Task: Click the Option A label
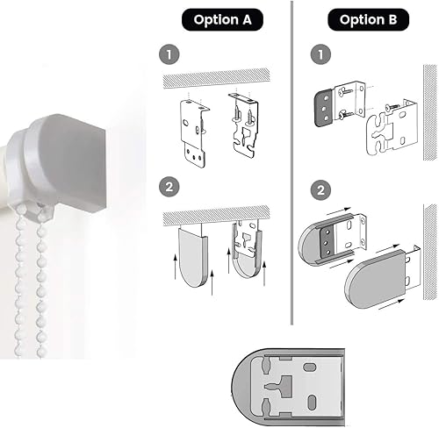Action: tap(222, 19)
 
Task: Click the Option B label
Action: tap(368, 19)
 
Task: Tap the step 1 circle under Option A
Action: tap(169, 54)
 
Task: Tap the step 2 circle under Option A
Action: tap(169, 187)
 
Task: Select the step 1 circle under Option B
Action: tap(320, 54)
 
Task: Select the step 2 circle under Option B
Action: tap(320, 190)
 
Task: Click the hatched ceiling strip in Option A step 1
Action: tap(216, 77)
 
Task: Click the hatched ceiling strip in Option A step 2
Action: tap(216, 216)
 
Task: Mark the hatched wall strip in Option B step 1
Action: tap(430, 112)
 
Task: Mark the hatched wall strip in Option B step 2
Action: tap(430, 252)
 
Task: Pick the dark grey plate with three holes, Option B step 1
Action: tap(324, 109)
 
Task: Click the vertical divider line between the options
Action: tap(291, 162)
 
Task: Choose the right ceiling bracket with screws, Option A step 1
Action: tap(244, 125)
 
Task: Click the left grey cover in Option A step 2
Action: tap(192, 258)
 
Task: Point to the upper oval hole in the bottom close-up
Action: tap(309, 367)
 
